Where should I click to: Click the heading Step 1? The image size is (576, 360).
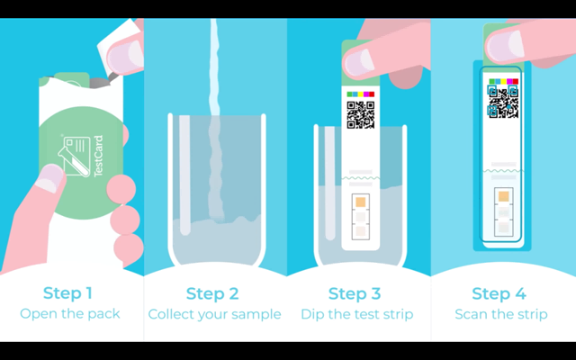67,293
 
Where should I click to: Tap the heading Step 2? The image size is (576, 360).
212,293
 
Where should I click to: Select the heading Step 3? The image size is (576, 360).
355,293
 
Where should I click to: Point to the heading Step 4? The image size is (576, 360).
499,293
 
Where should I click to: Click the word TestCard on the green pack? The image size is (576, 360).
98,156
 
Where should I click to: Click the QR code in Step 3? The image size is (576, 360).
361,115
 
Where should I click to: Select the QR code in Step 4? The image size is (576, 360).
503,102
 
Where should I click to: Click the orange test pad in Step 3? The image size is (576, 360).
361,202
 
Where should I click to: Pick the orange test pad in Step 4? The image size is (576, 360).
504,196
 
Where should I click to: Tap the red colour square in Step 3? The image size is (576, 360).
372,94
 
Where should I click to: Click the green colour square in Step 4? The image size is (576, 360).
492,82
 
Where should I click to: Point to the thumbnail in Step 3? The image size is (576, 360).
359,62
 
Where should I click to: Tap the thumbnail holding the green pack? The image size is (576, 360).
50,178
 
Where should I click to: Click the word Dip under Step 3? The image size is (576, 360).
310,315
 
